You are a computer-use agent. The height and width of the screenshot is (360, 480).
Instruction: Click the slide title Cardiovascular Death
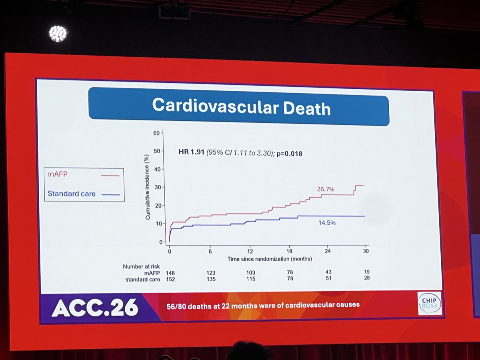pos(241,107)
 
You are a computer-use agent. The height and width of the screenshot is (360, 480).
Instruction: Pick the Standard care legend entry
pos(72,194)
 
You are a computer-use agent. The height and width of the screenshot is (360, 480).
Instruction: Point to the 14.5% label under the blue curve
pos(327,223)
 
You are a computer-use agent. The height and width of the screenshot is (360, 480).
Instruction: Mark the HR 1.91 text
pos(191,152)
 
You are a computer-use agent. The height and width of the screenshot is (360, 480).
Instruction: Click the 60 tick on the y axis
pos(156,133)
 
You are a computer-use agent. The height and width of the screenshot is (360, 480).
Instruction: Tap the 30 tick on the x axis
pos(366,251)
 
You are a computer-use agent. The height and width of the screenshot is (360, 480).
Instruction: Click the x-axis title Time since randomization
pos(270,259)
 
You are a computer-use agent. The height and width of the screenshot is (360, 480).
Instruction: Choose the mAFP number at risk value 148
pos(170,272)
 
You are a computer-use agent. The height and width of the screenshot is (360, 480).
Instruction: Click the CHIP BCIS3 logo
pos(429,303)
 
